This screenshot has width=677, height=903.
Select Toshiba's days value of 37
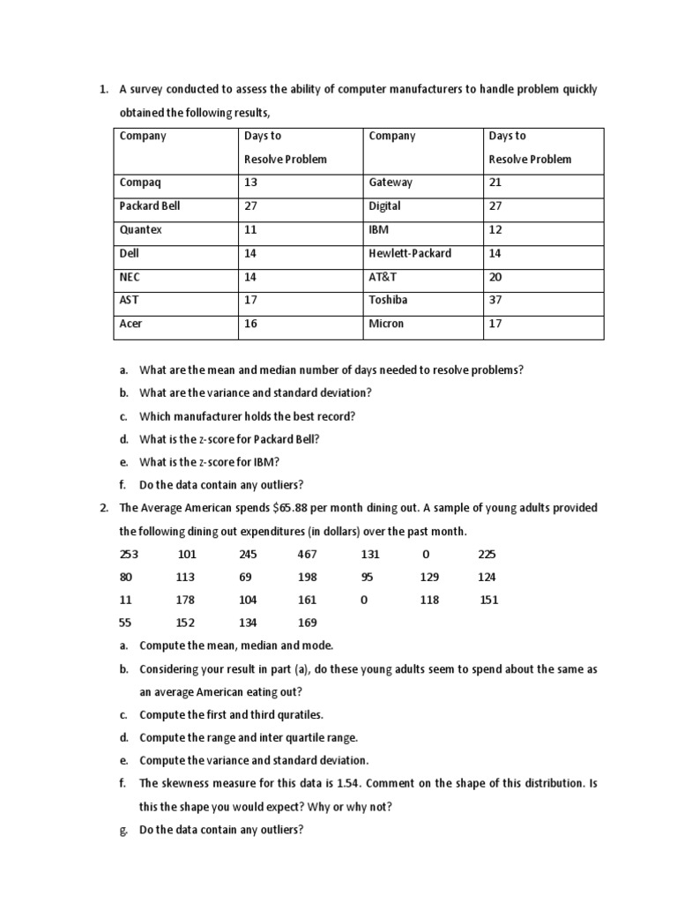(x=495, y=300)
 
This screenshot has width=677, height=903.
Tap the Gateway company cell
(x=391, y=183)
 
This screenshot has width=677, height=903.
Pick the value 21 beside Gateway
(x=495, y=183)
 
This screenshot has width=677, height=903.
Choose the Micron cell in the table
(x=386, y=324)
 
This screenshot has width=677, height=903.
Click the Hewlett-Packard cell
(x=410, y=253)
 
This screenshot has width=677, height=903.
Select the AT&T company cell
(x=384, y=277)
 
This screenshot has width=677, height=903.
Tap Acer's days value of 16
(x=250, y=324)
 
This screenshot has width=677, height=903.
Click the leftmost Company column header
(x=143, y=136)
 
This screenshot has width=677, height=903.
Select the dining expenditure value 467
(x=307, y=555)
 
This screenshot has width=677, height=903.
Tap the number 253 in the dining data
(x=128, y=555)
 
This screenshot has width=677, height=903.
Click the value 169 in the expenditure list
(x=307, y=623)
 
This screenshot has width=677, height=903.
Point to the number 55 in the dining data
(x=125, y=623)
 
